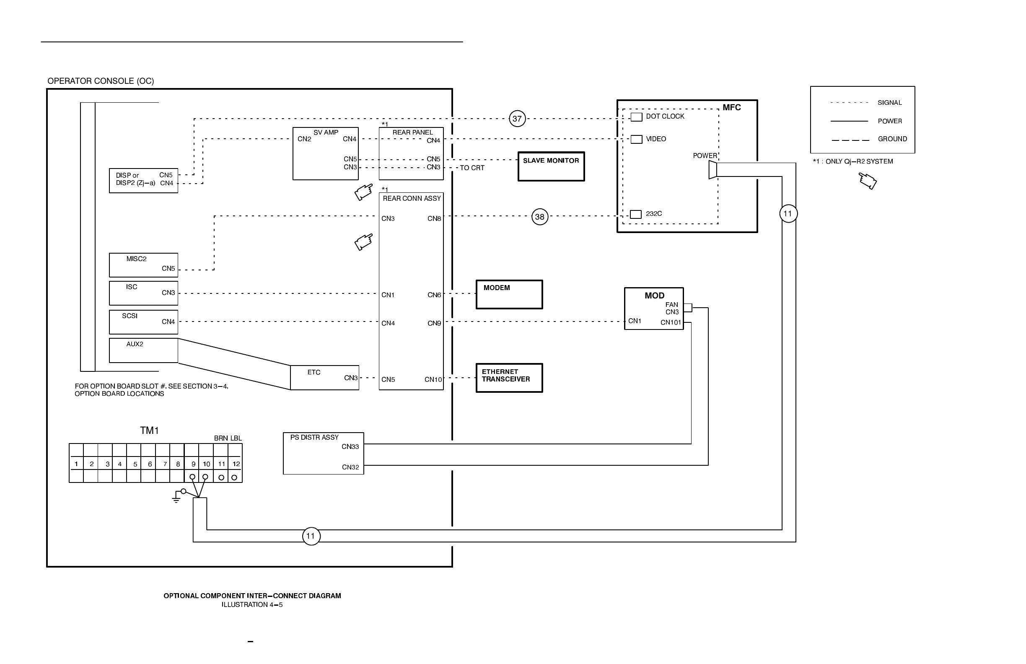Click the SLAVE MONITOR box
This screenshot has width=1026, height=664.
[x=551, y=166]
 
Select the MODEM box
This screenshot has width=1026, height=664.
[x=509, y=295]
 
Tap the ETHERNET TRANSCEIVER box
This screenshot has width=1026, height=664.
[x=509, y=378]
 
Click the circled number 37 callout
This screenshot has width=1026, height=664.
[x=517, y=119]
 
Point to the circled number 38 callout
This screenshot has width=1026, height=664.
[x=540, y=217]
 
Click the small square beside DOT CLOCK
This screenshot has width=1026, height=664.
[x=636, y=117]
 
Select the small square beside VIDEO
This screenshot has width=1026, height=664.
[x=636, y=139]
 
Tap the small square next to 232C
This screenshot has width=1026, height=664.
[x=635, y=214]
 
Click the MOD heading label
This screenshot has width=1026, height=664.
[x=654, y=296]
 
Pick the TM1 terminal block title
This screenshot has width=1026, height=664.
[x=149, y=431]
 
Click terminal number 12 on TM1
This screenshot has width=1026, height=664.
[x=236, y=464]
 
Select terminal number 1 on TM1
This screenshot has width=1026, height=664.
[x=76, y=464]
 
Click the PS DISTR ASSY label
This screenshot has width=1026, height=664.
[x=314, y=437]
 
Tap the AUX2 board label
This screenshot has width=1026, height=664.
[x=135, y=344]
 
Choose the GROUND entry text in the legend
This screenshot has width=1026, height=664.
[x=892, y=139]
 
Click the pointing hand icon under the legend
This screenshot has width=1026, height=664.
[x=867, y=181]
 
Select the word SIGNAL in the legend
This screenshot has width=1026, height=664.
[x=889, y=103]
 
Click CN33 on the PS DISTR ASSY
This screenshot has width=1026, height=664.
[x=350, y=447]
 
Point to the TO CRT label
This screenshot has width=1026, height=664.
[x=472, y=168]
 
